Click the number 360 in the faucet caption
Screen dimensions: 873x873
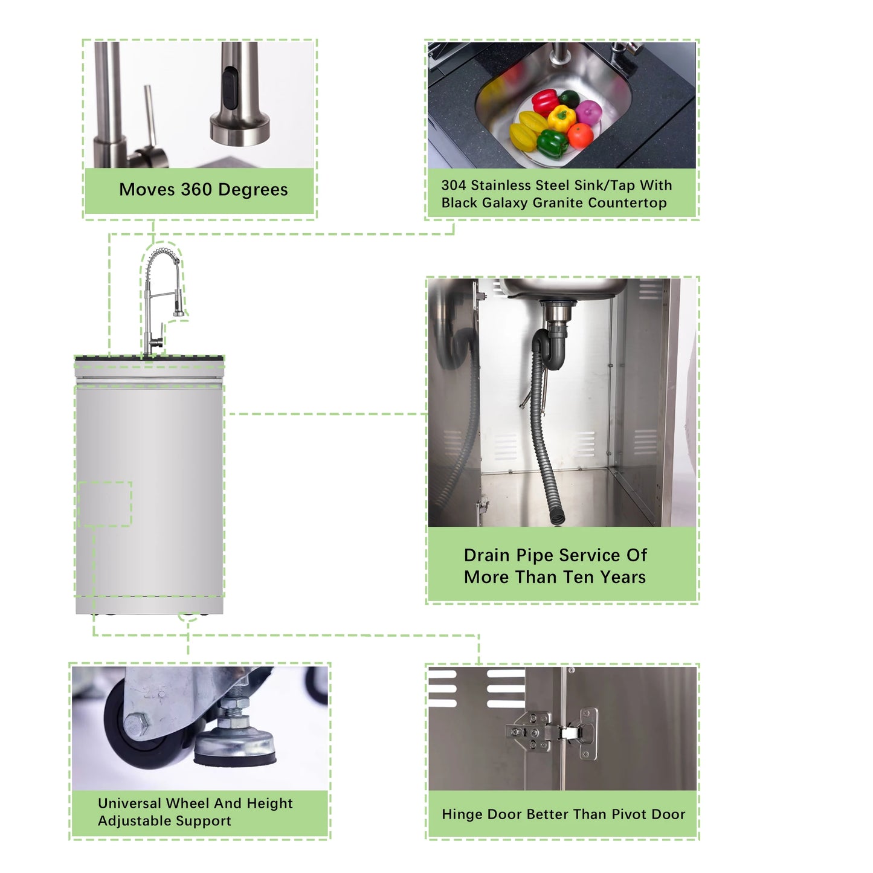point(196,189)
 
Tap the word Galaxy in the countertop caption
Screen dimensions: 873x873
point(504,203)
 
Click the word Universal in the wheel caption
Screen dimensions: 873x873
point(129,804)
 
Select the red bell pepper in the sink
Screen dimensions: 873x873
point(545,101)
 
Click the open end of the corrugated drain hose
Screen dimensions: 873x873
point(558,517)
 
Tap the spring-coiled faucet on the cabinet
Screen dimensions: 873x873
point(162,301)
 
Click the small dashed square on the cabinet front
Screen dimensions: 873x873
point(105,504)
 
